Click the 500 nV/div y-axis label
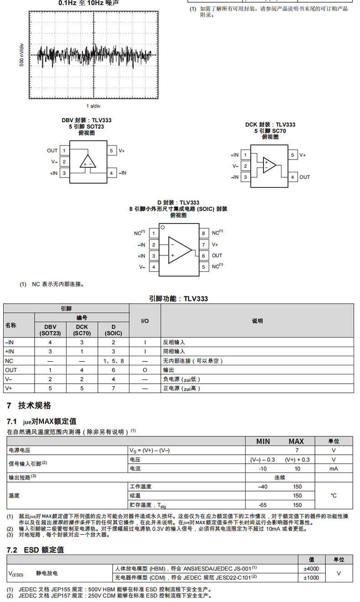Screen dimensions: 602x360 point(21,55)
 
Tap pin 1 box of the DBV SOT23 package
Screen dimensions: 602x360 point(64,150)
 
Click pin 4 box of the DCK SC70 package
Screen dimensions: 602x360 point(293,177)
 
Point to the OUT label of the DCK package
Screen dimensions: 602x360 point(304,177)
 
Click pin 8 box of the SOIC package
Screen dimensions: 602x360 point(204,233)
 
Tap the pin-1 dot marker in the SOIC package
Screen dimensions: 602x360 point(162,227)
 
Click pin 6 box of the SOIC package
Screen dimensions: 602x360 point(204,256)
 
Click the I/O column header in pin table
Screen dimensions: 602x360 point(145,321)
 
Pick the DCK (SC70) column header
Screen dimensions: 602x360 point(82,330)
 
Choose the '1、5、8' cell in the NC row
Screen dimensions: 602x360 point(113,361)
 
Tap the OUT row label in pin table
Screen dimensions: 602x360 point(11,370)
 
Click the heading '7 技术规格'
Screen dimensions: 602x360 point(29,405)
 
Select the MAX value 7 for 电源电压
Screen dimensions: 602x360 point(297,450)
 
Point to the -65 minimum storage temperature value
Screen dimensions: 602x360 point(263,505)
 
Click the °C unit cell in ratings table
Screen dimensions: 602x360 point(334,495)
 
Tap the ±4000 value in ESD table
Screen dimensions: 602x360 point(311,569)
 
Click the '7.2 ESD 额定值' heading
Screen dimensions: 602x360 point(35,550)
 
